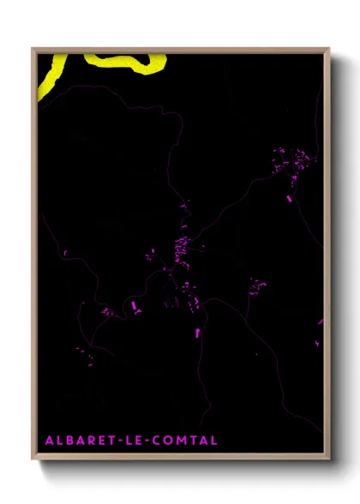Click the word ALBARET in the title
80,441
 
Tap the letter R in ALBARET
90,441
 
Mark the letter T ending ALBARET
111,441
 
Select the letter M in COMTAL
182,441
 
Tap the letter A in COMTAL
203,441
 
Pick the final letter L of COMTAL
213,441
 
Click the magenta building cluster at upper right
291,163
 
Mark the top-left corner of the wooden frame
32,49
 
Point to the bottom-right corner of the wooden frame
330,460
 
